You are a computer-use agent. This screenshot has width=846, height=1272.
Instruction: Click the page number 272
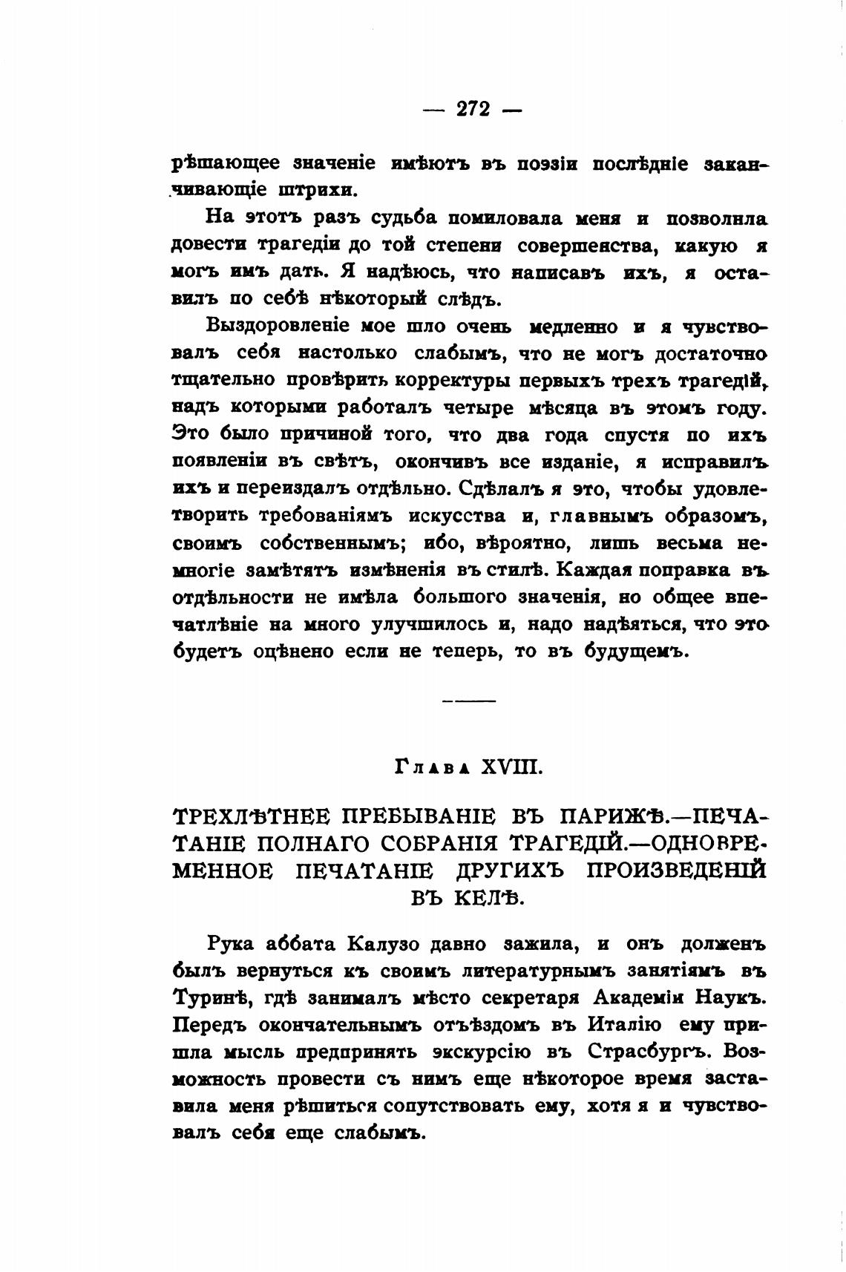(473, 109)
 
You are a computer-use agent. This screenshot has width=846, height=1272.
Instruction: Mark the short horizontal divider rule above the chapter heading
(468, 701)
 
